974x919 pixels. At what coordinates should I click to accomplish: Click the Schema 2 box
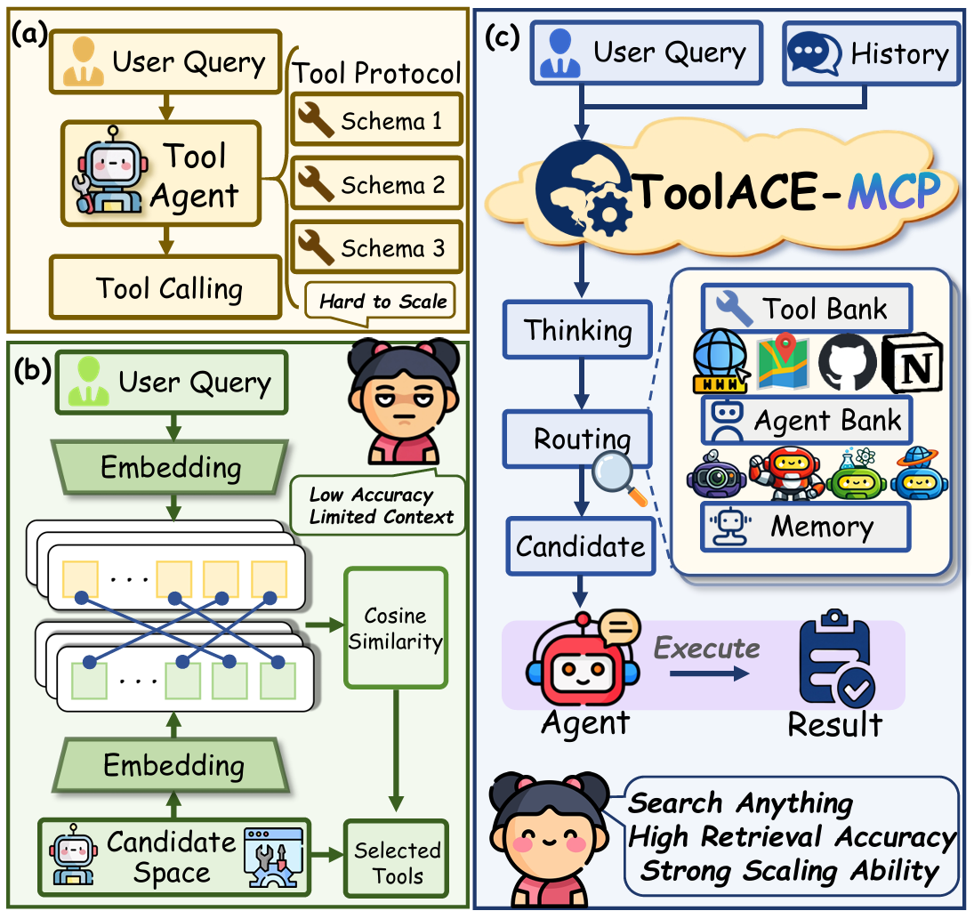[x=376, y=186]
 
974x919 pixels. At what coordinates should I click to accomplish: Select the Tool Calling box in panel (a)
[x=169, y=288]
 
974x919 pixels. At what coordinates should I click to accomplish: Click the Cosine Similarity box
[x=395, y=629]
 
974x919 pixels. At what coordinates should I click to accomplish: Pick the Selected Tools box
[x=397, y=862]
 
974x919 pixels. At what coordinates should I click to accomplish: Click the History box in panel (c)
[x=871, y=54]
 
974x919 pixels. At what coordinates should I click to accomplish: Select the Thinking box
[x=578, y=330]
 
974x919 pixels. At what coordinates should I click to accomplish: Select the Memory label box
[x=806, y=527]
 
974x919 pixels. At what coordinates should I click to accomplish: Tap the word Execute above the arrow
[x=707, y=647]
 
